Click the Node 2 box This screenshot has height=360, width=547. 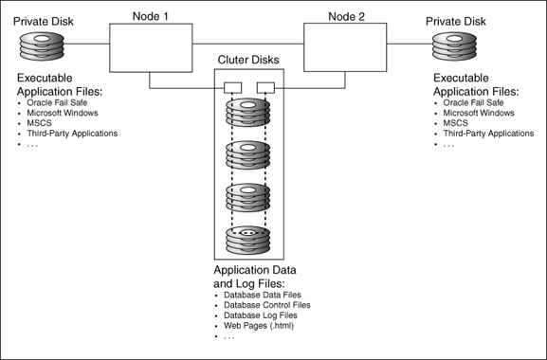click(x=346, y=47)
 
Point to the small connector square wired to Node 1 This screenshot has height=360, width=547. click(x=231, y=88)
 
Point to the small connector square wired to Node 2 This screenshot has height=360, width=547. click(x=266, y=88)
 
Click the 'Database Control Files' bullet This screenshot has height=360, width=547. click(x=266, y=305)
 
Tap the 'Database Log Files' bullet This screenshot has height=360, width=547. click(x=261, y=315)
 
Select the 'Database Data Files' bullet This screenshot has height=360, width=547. click(x=262, y=295)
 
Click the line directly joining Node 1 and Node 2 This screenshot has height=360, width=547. click(x=247, y=45)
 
